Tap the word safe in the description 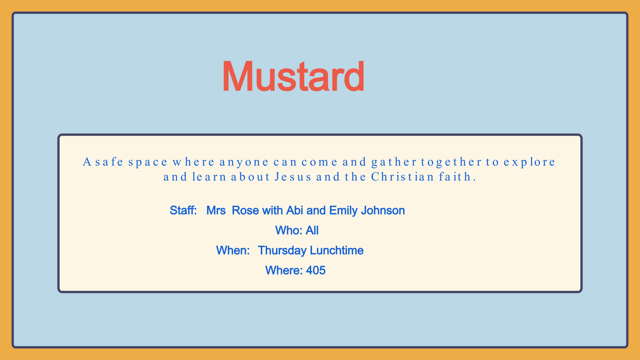(109, 162)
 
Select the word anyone (244, 163)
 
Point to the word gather (393, 163)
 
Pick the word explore (529, 163)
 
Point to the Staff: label (183, 211)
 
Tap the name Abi (294, 211)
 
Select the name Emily (343, 211)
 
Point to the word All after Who (312, 230)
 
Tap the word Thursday (282, 251)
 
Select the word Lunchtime (337, 251)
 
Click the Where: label (284, 270)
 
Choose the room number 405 (316, 270)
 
